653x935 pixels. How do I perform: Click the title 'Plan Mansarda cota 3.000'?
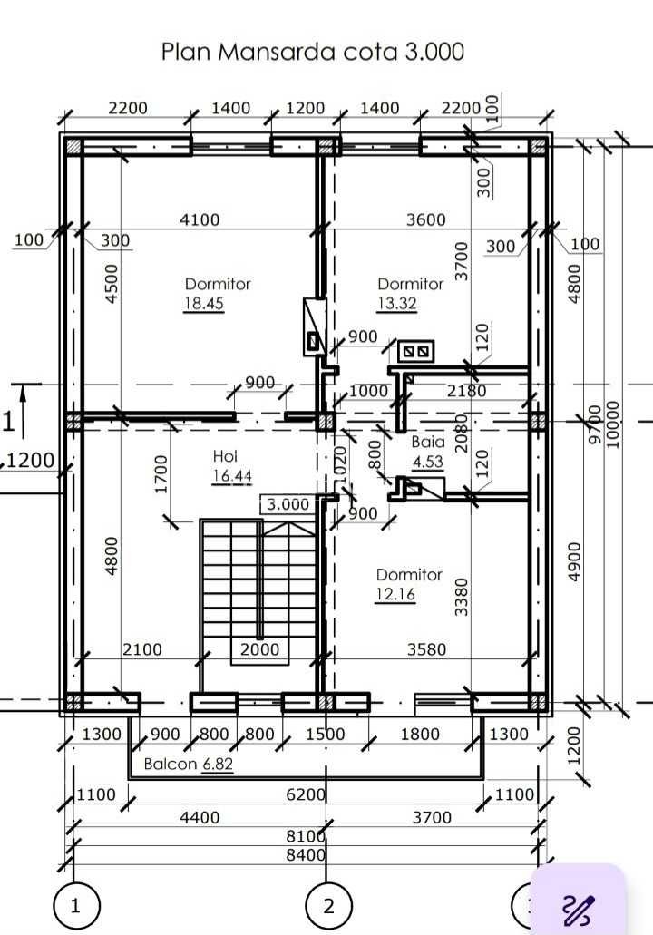313,51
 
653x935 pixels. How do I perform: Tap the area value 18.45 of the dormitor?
204,304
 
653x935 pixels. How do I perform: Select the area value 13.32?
397,304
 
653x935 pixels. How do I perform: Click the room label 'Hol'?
225,455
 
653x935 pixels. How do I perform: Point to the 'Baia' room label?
428,442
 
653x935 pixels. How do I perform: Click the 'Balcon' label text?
171,765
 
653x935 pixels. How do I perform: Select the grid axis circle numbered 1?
75,904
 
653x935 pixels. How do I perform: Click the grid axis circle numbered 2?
328,904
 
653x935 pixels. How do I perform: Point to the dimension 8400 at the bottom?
306,854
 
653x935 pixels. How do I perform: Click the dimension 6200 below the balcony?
306,794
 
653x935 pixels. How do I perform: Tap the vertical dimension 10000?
613,424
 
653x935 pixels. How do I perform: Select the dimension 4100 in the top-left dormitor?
200,219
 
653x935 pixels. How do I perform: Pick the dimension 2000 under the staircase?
259,649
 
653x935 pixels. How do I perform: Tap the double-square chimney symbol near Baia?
417,350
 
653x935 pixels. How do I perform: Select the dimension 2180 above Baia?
467,391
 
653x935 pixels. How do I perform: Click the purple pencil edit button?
578,907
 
